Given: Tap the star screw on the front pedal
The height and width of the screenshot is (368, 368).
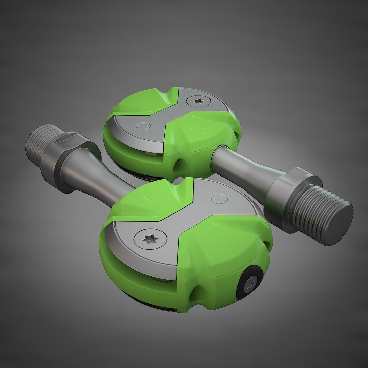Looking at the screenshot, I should pos(150,240).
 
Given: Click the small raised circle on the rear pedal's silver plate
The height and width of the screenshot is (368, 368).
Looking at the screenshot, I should pos(143,126).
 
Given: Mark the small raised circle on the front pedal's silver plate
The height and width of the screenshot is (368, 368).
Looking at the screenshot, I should pos(218,199).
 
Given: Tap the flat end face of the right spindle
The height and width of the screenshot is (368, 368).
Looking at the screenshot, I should pos(338,224).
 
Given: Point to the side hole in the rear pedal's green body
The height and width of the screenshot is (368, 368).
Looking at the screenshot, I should pos(177,166).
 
